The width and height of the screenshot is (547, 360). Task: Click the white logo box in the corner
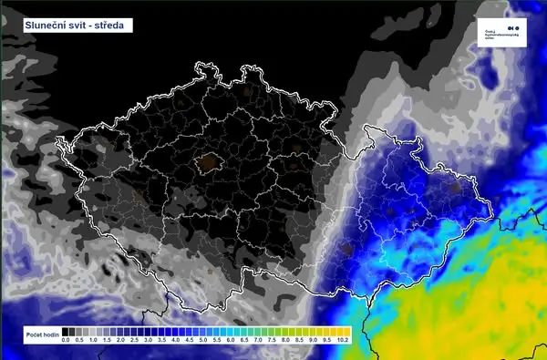pos(503,32)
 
